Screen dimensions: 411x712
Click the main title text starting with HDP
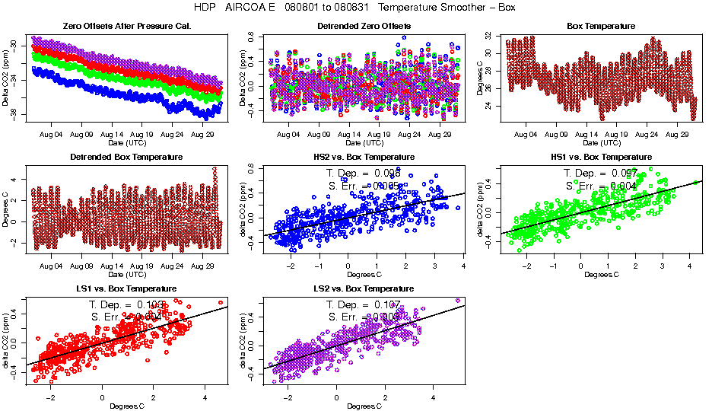[x=356, y=8]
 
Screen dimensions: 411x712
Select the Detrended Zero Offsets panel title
[x=364, y=27]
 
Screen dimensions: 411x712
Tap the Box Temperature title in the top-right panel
[x=601, y=27]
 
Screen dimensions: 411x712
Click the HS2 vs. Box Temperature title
[x=364, y=158]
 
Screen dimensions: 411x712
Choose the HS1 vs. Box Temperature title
[x=601, y=158]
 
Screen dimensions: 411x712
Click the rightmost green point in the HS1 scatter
[x=695, y=183]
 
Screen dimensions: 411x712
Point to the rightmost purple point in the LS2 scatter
[x=458, y=301]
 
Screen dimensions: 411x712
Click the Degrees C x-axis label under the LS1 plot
[x=126, y=406]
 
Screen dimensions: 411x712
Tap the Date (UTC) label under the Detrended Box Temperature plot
[x=126, y=274]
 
